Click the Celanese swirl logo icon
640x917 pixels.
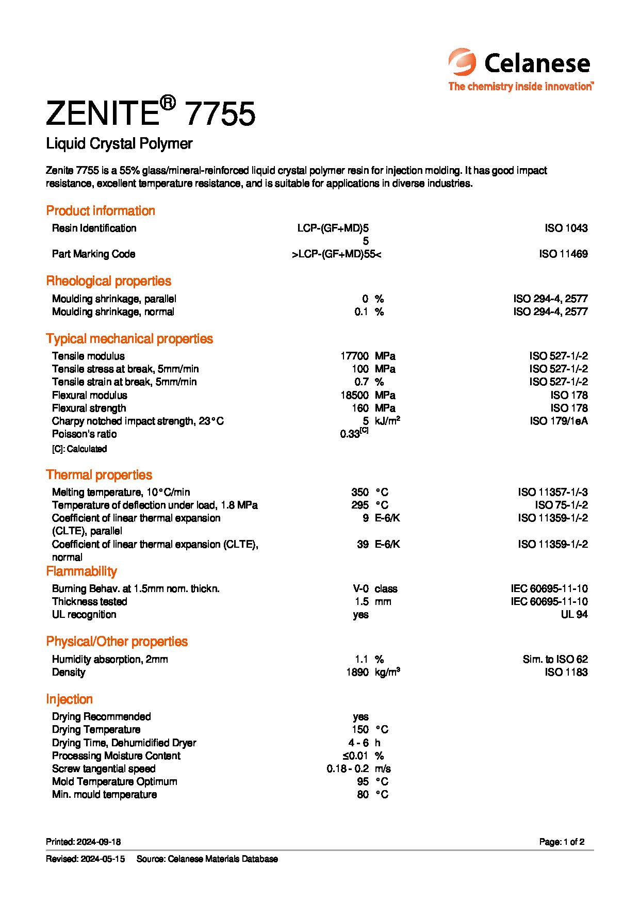(x=462, y=62)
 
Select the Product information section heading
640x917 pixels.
(x=101, y=210)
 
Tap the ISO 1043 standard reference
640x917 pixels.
(x=566, y=228)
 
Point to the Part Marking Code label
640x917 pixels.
(x=93, y=254)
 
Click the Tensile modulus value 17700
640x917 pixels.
(x=354, y=356)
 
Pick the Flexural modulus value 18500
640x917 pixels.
(x=354, y=395)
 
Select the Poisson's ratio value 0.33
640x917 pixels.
(x=350, y=434)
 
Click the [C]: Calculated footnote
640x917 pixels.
(x=79, y=449)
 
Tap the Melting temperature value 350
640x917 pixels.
(x=360, y=492)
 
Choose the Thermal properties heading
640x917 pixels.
(x=99, y=474)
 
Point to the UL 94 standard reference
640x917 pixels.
(x=574, y=614)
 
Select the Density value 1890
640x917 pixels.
(x=357, y=672)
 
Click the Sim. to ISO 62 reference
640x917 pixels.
(x=555, y=659)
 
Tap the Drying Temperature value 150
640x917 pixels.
(x=360, y=729)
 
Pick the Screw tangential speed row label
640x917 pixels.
(x=104, y=768)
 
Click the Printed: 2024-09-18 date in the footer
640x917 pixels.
(x=83, y=842)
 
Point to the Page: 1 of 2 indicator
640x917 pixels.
(x=562, y=842)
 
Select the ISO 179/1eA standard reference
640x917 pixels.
(x=559, y=421)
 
